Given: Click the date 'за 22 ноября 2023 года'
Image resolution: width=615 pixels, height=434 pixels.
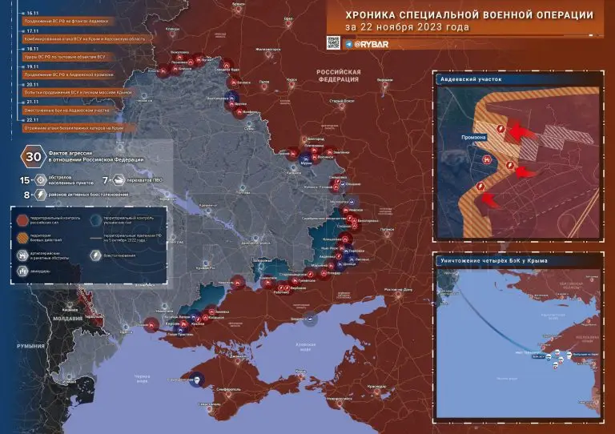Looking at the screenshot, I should coord(408,27).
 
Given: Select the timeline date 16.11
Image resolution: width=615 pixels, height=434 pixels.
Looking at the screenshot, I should coord(33,14).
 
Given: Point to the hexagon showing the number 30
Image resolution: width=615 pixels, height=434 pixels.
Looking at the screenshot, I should coord(34,156).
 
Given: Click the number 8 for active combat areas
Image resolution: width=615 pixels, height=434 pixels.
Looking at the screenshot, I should coord(26,193).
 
